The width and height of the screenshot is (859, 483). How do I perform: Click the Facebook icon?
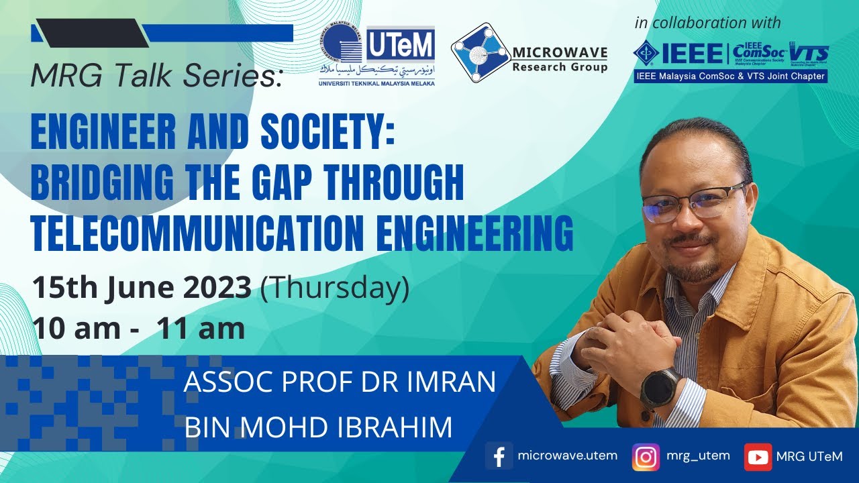click(499, 456)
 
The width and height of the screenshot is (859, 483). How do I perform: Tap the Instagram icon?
click(646, 457)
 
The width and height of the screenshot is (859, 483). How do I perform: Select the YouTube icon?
click(758, 457)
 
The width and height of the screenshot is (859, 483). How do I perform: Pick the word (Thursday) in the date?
click(334, 288)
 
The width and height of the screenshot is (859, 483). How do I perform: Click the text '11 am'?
click(201, 329)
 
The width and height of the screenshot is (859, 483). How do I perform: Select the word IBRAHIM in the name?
click(395, 427)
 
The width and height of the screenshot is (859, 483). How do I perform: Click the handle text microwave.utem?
click(568, 455)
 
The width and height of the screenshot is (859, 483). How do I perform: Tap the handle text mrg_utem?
click(698, 455)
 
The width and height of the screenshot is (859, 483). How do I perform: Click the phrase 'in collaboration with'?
click(707, 23)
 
